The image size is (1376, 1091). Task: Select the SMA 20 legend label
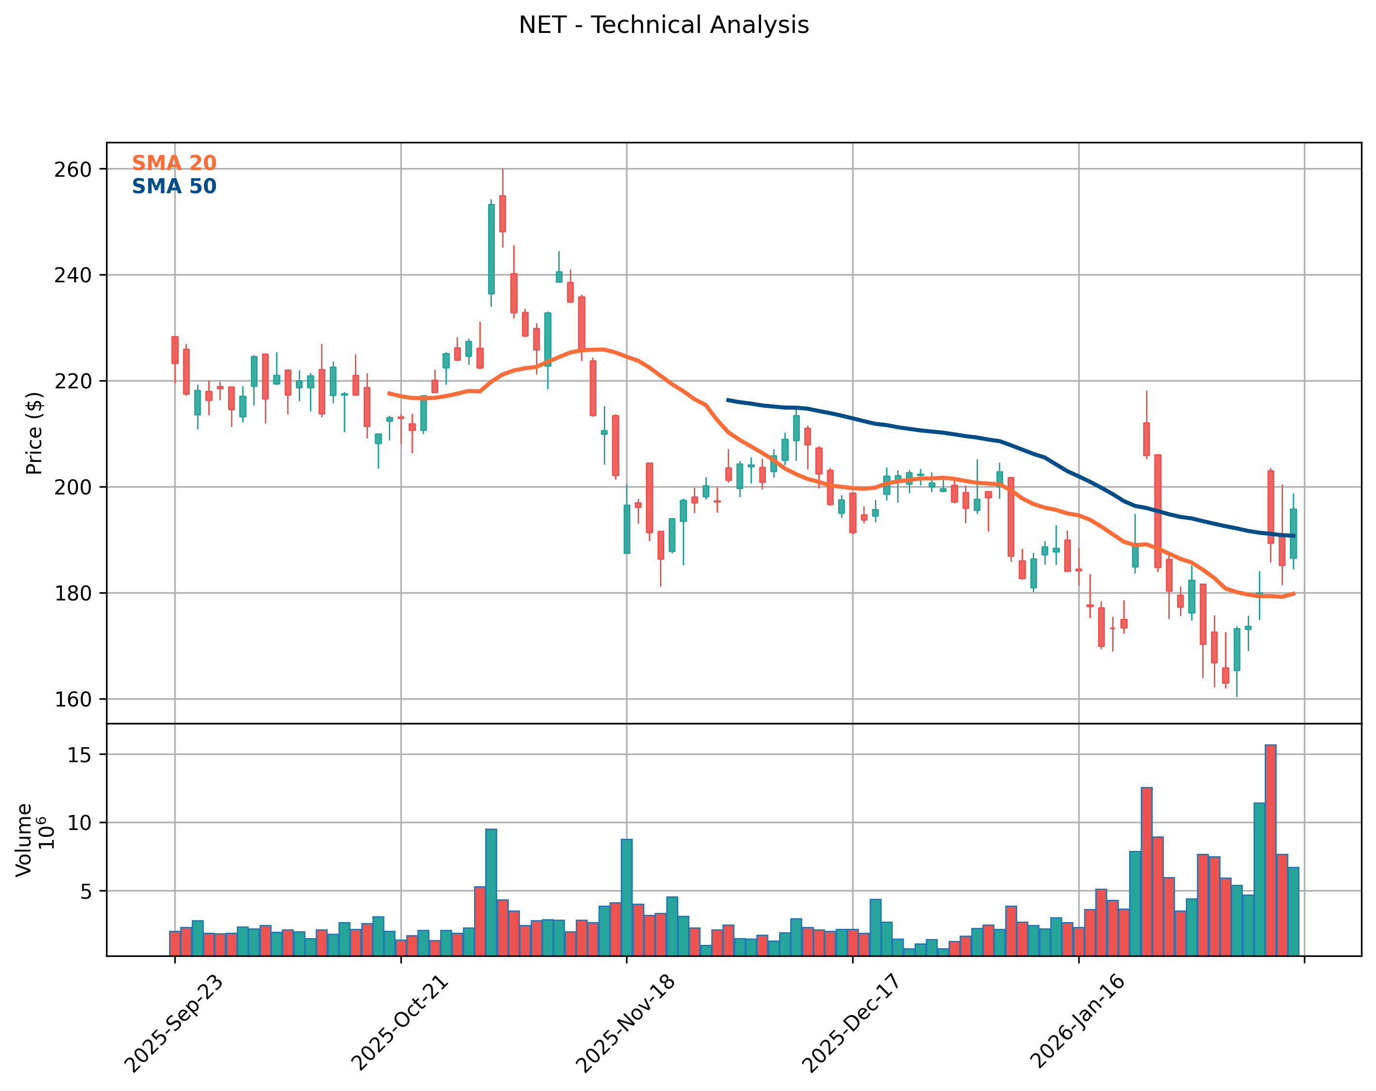[x=174, y=163]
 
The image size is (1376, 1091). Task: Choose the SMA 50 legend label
[x=174, y=186]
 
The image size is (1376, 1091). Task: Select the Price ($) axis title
[x=34, y=433]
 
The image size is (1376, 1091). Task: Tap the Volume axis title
[x=24, y=840]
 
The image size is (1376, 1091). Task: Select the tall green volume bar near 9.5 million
[x=491, y=892]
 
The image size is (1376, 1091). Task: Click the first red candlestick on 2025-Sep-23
[x=175, y=350]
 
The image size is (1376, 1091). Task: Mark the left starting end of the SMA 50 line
[x=728, y=400]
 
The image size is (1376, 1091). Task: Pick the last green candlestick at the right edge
[x=1293, y=533]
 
